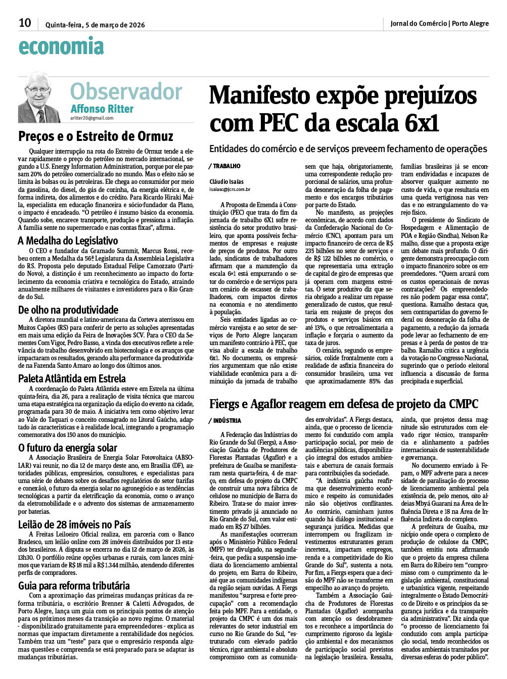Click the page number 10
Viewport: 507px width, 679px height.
(25, 23)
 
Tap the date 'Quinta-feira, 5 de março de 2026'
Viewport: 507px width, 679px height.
(95, 24)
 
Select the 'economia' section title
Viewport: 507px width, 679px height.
(61, 46)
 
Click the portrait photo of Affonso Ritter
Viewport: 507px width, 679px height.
(39, 97)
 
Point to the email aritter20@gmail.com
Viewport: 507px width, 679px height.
(92, 118)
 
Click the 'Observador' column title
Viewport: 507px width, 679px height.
(126, 91)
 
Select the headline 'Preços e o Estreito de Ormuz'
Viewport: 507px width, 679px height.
(96, 136)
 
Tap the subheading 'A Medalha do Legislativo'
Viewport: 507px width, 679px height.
(68, 240)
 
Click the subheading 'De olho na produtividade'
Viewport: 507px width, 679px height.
(68, 310)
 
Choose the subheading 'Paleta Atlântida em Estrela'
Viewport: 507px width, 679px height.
(72, 378)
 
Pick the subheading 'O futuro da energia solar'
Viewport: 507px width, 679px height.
(68, 448)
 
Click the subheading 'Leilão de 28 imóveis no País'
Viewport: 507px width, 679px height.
(74, 524)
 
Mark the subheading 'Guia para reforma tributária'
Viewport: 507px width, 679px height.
(74, 586)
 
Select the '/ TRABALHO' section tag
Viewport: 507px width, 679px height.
(224, 166)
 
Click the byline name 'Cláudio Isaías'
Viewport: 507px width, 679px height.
(226, 182)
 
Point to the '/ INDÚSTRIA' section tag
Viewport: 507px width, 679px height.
(225, 420)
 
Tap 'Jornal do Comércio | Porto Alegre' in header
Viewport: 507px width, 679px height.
(439, 23)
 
